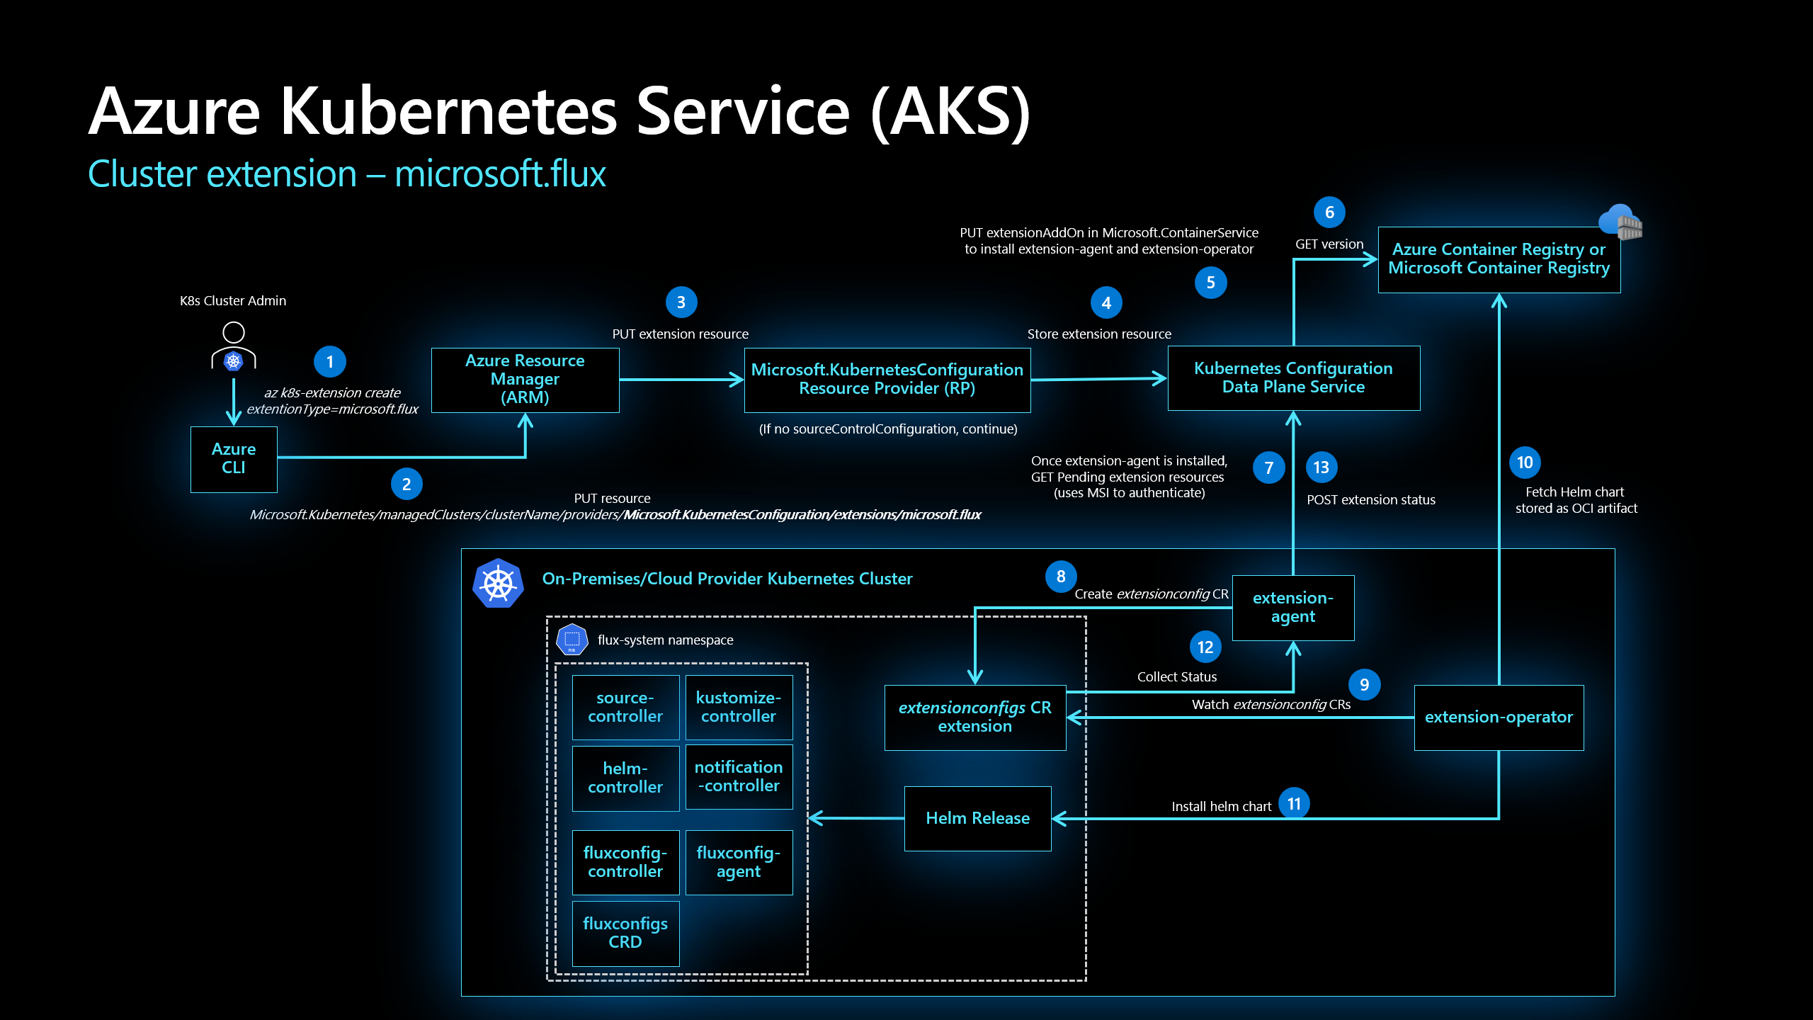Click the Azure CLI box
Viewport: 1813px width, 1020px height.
click(234, 459)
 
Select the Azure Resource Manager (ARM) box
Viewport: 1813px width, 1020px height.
click(525, 379)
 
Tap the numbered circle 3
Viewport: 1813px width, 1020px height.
click(681, 302)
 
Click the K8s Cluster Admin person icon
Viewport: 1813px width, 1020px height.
click(233, 348)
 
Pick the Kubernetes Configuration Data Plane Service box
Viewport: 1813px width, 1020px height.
click(1293, 378)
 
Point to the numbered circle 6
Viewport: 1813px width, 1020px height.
click(1329, 212)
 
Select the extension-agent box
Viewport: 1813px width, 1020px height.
click(1292, 608)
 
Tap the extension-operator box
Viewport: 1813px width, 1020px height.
click(1499, 717)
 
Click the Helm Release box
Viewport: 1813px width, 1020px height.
click(977, 818)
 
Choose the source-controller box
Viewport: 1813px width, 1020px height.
click(625, 707)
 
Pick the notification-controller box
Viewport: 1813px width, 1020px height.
click(738, 776)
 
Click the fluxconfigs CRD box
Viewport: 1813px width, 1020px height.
click(625, 933)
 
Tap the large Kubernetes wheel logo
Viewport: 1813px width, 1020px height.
click(498, 583)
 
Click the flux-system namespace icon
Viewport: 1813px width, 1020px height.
click(572, 640)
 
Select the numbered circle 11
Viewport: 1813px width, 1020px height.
click(1294, 804)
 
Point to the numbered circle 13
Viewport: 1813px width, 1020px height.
click(1321, 467)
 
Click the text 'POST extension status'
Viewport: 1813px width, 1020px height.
click(1370, 500)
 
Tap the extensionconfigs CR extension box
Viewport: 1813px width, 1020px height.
click(974, 717)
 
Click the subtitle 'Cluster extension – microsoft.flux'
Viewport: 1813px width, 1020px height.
click(346, 174)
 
